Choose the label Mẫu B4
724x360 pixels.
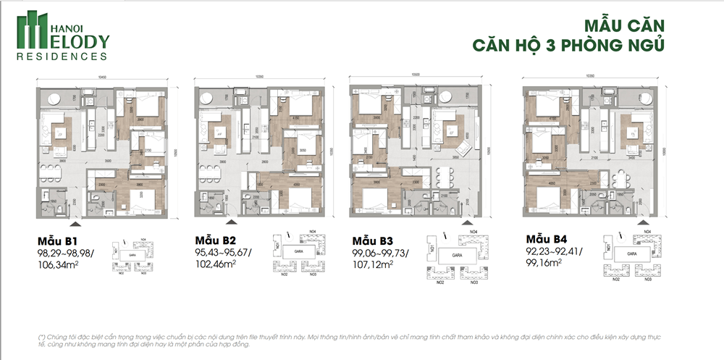544,239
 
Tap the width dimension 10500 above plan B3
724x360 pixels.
415,75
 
